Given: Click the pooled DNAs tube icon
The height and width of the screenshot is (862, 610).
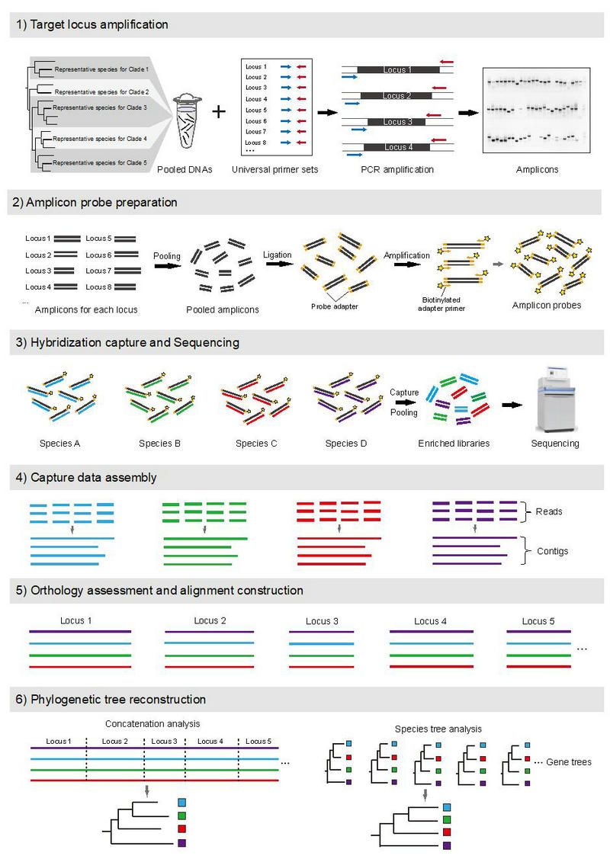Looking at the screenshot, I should [x=187, y=122].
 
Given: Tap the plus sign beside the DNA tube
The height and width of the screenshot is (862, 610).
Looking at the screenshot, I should [x=220, y=112].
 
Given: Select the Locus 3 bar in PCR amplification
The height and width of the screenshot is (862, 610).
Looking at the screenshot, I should [x=396, y=122].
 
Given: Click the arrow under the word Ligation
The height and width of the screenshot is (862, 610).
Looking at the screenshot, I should [x=277, y=264].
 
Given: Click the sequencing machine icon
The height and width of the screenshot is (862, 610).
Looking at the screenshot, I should [x=554, y=404].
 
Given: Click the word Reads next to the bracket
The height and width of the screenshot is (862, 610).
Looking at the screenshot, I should [x=549, y=511].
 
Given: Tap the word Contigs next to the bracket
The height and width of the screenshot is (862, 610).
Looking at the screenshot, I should [x=552, y=550].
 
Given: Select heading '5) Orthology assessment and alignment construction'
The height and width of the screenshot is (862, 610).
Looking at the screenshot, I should [x=166, y=591].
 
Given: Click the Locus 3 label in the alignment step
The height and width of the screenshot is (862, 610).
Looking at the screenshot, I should [x=322, y=621].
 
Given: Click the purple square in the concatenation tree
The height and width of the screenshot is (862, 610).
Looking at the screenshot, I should [x=181, y=843].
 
